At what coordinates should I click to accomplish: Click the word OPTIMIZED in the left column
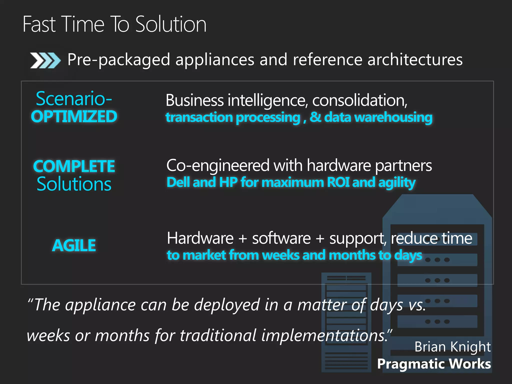74,117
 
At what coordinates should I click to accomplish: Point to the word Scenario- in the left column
74,98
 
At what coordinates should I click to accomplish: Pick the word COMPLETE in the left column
74,166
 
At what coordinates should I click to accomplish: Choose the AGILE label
74,245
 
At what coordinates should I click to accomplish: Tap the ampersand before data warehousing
315,117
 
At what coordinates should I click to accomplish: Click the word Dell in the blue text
178,182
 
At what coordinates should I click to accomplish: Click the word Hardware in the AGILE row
200,238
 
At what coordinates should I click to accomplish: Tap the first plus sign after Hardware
242,238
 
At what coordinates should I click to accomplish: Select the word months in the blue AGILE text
352,255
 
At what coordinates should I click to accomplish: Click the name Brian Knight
452,347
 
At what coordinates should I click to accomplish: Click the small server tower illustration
346,322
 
